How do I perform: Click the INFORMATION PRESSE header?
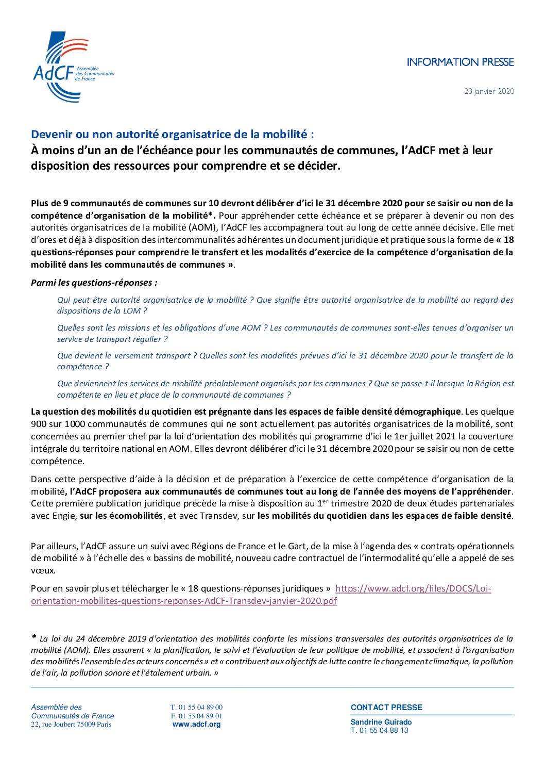(460, 62)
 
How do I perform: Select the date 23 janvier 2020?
(489, 91)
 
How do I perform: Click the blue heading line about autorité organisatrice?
(172, 135)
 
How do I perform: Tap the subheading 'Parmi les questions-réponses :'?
(94, 283)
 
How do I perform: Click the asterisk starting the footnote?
(34, 638)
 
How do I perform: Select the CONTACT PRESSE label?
(386, 708)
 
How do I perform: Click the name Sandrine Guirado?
(381, 722)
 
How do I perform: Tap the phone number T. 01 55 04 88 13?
(379, 730)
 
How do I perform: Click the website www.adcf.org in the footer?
(196, 724)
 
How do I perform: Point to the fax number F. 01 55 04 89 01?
(196, 716)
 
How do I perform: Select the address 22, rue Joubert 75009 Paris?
(71, 724)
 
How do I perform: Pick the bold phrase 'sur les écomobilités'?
(121, 516)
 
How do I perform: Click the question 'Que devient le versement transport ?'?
(127, 356)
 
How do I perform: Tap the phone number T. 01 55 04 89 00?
(196, 707)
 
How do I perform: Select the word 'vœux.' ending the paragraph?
(43, 570)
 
